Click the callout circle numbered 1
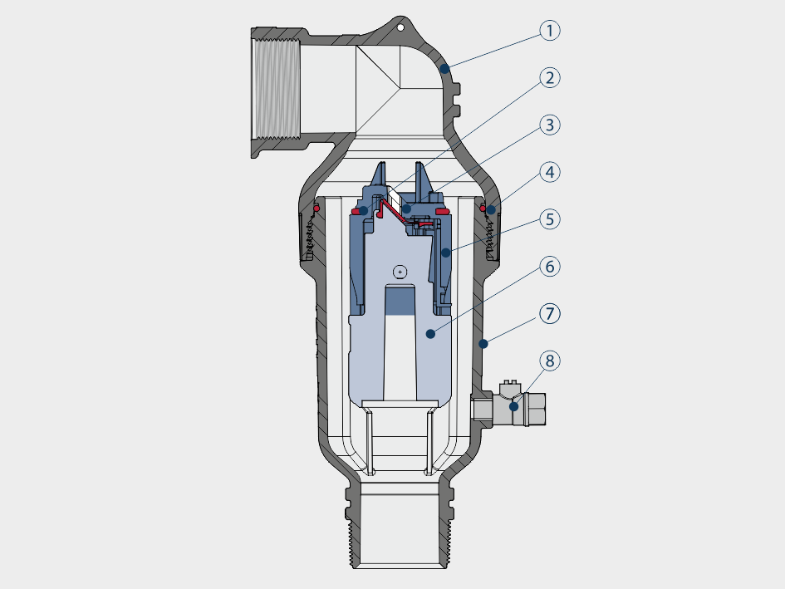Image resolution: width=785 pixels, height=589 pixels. [550, 31]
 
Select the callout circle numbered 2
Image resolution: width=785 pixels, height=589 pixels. [550, 77]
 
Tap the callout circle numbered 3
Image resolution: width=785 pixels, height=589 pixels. [550, 125]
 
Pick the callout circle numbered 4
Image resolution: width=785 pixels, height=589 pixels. [550, 172]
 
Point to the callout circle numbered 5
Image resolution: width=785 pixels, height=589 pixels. [550, 219]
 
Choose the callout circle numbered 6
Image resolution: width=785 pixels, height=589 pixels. [550, 267]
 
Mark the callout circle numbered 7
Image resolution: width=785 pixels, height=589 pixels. [550, 313]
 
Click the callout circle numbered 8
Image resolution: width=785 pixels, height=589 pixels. [550, 361]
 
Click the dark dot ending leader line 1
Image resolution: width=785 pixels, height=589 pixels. [444, 69]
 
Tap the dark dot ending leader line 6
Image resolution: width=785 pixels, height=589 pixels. [430, 334]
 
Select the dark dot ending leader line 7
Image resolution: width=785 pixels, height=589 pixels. [483, 344]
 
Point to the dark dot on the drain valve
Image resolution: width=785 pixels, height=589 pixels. [513, 407]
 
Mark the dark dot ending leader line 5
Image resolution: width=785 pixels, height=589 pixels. [445, 253]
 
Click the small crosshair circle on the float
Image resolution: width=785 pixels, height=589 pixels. [400, 272]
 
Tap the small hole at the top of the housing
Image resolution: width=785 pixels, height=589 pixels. [400, 27]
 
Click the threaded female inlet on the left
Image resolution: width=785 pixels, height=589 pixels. [277, 89]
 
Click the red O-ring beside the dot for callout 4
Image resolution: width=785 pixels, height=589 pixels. [483, 208]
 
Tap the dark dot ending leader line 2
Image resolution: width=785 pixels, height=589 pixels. [363, 211]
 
